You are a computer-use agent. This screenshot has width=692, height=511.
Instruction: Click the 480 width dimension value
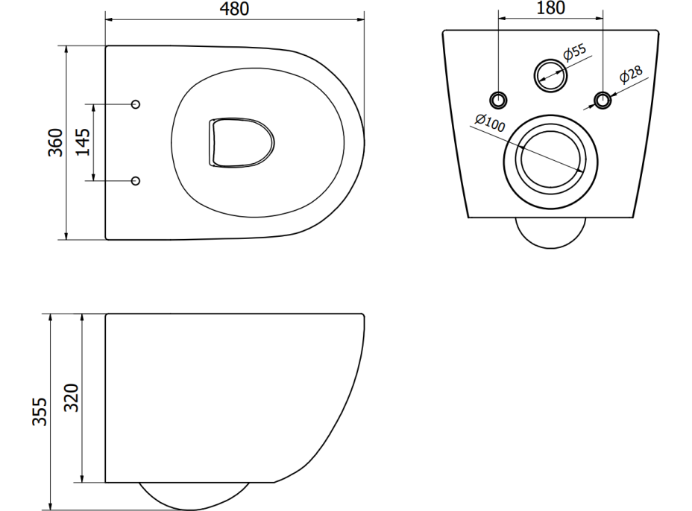point(234,9)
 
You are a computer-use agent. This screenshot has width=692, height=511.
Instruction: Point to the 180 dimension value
point(550,8)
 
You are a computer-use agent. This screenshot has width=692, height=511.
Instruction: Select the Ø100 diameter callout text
point(489,122)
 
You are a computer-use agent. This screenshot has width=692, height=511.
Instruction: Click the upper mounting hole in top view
point(136,104)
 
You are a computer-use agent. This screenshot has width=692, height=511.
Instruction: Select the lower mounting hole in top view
point(136,180)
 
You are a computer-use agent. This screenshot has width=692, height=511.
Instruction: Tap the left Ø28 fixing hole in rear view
point(498,99)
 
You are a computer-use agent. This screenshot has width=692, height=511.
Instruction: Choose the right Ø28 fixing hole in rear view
point(603,99)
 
